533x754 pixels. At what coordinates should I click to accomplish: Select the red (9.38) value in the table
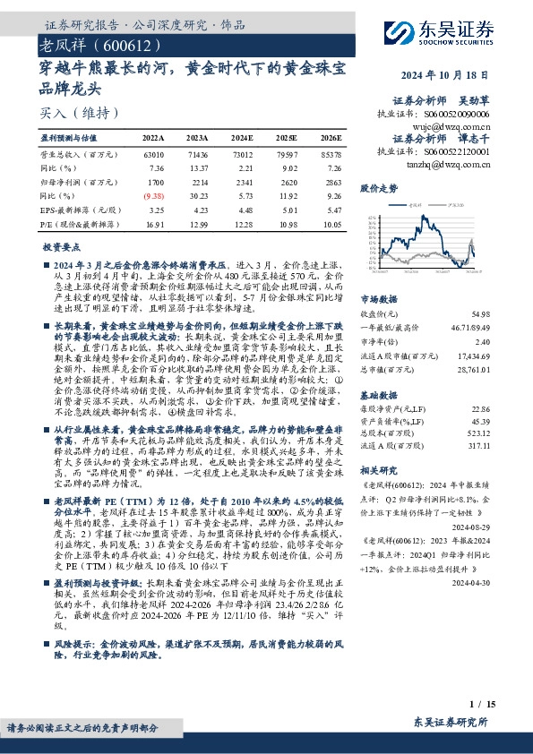(x=153, y=195)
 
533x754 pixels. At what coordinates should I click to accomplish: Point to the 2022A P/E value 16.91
(x=154, y=225)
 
